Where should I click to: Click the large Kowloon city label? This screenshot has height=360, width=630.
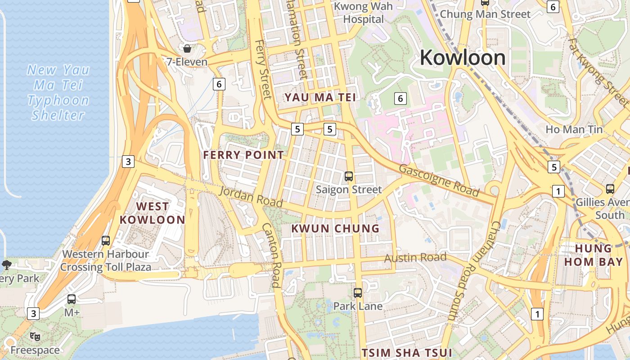tap(463, 58)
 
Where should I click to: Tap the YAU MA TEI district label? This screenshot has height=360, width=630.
tap(320, 97)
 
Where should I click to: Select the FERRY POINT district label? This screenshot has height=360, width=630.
tap(243, 155)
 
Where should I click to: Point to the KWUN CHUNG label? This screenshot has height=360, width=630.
tap(335, 228)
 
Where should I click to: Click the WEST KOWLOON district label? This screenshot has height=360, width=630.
tap(153, 213)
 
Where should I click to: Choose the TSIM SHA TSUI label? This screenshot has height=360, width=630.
tap(407, 352)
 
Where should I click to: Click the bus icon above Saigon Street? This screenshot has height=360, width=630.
tap(349, 176)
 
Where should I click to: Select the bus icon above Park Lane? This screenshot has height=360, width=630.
tap(358, 293)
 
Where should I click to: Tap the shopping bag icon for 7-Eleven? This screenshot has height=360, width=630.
tap(187, 48)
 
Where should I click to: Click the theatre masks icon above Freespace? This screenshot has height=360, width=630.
tap(35, 336)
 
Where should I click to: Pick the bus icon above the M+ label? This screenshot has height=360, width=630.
tap(72, 299)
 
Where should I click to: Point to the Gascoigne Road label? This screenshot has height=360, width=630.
tap(439, 180)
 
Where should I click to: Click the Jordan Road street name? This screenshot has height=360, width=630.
tap(251, 198)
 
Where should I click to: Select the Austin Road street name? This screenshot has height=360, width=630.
tap(415, 258)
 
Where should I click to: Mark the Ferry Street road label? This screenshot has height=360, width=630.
tap(263, 69)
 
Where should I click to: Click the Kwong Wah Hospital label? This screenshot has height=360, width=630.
tap(364, 13)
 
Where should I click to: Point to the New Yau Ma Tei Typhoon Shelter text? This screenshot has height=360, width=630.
tap(58, 92)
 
